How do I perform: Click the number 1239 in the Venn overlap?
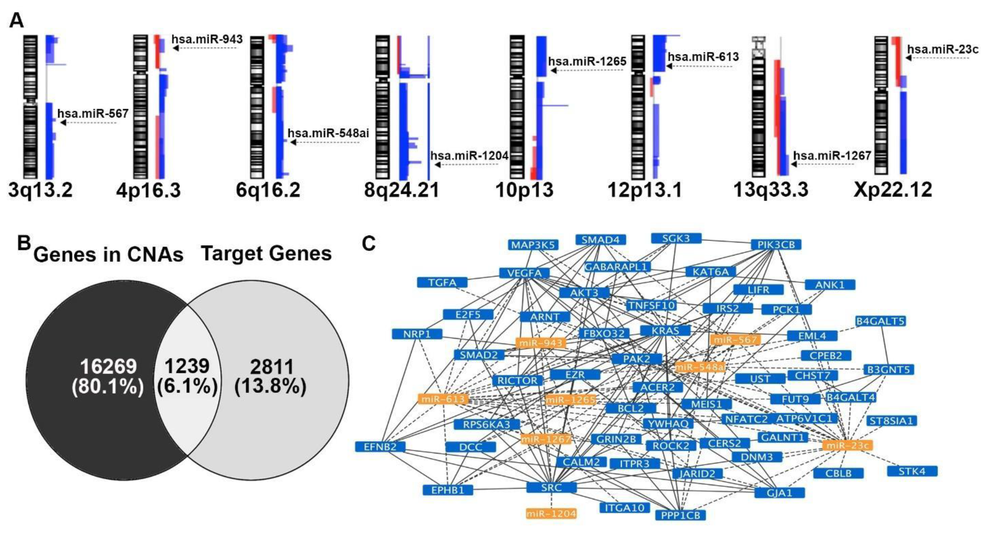[187, 366]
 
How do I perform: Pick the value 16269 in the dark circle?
[108, 366]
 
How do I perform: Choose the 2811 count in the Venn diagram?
[272, 367]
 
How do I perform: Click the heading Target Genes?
[266, 253]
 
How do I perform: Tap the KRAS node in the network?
[665, 331]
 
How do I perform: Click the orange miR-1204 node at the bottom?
[551, 513]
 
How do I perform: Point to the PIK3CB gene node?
[776, 244]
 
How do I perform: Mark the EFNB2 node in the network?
[380, 446]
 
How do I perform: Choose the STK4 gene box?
[912, 471]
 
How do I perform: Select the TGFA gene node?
[442, 282]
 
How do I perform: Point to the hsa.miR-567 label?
[93, 113]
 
